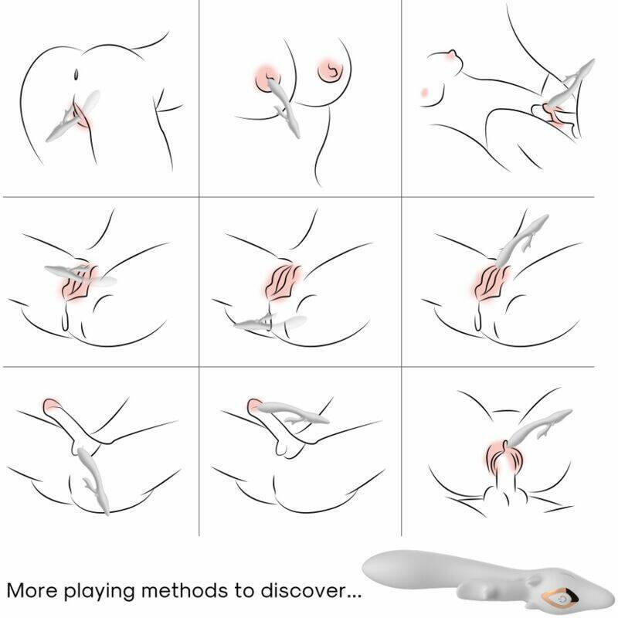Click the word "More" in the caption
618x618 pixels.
[32, 590]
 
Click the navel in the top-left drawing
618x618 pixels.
[76, 74]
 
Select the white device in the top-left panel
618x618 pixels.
[73, 117]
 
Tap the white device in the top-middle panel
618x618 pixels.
[284, 107]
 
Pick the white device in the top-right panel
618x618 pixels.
[569, 85]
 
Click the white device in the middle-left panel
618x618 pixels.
[81, 274]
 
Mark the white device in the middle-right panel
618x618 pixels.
[520, 240]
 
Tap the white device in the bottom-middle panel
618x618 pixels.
[294, 413]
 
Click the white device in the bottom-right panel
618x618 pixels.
[538, 430]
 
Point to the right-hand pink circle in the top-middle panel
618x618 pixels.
[330, 72]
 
